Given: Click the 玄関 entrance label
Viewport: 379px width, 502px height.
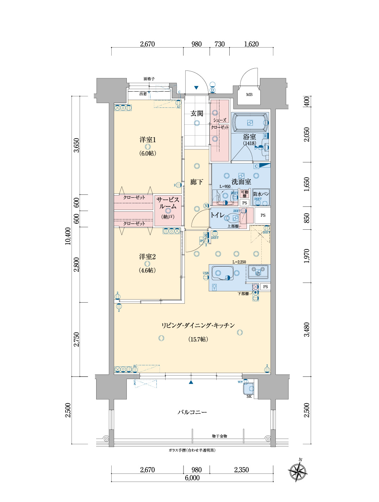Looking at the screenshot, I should [x=197, y=113].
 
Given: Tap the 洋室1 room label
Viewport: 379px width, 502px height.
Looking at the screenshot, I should [x=147, y=140].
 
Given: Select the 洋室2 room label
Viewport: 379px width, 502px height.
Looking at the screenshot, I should [x=147, y=257].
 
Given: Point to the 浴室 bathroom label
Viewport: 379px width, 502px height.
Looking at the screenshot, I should [x=249, y=137].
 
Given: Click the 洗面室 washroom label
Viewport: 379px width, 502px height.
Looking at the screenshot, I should [x=241, y=182].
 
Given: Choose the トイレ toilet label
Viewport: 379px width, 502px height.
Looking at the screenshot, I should [x=217, y=215].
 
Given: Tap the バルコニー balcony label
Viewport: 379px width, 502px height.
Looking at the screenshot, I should [x=192, y=412].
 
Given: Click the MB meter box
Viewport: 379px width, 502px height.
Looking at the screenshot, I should [x=249, y=94].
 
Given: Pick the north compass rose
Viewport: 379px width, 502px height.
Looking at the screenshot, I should [x=298, y=471].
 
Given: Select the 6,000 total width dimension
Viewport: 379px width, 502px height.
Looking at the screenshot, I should [x=192, y=478].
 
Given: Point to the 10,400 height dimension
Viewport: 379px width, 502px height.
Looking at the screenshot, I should [x=68, y=236].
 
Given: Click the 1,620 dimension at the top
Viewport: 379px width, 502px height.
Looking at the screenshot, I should [x=251, y=44].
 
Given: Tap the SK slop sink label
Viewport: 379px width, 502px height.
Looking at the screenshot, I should [x=249, y=396].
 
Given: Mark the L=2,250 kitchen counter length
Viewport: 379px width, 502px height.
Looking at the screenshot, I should [x=239, y=262].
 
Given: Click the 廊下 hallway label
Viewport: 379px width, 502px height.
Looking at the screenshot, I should [x=197, y=182].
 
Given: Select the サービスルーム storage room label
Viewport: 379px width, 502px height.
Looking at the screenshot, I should [x=168, y=203].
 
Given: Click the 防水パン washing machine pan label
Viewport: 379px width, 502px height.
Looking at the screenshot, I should [x=261, y=194].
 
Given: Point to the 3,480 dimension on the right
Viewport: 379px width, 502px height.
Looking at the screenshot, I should [x=307, y=329].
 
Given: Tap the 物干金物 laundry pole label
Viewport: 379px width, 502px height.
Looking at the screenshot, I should [x=219, y=436].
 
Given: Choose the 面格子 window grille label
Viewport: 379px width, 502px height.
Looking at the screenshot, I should [x=149, y=79].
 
